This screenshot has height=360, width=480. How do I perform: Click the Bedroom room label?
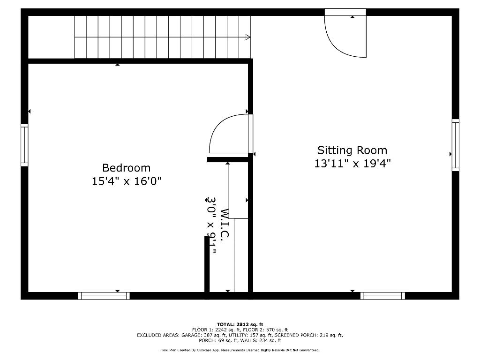coord(127,168)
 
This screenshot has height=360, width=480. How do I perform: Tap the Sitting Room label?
coord(352,150)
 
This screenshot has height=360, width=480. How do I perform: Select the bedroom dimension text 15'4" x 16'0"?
coord(127,181)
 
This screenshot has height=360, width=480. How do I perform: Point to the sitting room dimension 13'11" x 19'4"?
coord(352,164)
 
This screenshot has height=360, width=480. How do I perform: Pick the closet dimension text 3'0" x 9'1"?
coord(212,225)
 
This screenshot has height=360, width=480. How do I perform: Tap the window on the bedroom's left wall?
coord(24,145)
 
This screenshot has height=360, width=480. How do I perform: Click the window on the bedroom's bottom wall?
coord(104,296)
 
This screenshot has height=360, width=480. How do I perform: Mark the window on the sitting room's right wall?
coord(455,145)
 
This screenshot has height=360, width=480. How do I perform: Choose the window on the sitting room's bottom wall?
coord(382,296)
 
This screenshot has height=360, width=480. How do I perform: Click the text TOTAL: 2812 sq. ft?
coord(240,324)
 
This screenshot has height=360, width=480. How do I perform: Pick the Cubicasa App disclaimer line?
coord(240,350)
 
